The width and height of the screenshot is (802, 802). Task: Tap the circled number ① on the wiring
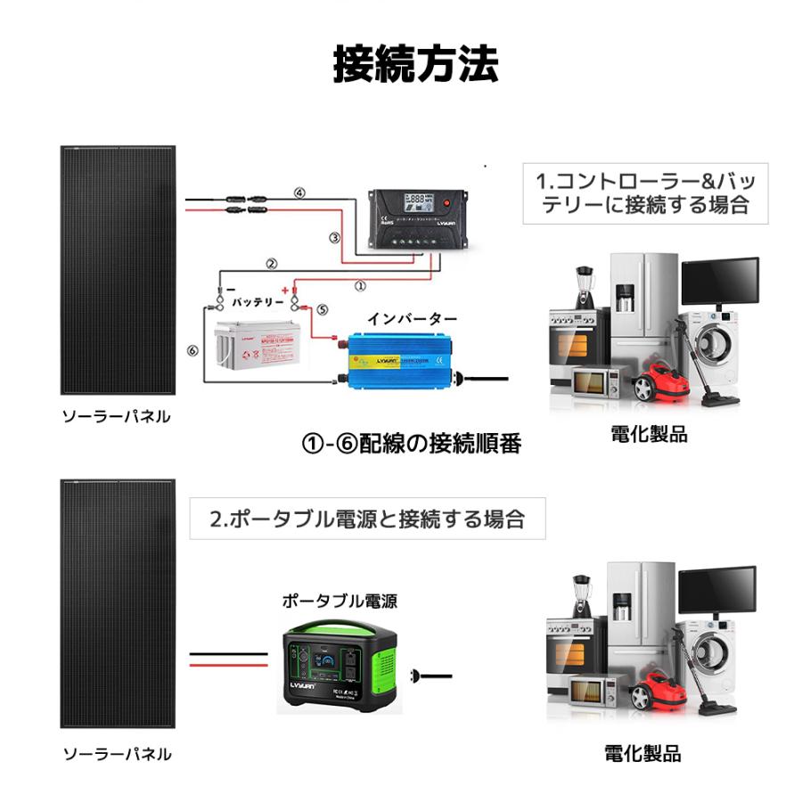360,287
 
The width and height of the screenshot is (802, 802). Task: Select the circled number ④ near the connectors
299,192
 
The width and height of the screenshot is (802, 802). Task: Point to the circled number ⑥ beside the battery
192,350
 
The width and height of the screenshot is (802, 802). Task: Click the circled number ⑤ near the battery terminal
322,309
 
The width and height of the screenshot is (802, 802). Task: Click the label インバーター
413,318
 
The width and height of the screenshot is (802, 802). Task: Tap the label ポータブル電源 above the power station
340,601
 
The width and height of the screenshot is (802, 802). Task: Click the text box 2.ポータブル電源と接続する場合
367,518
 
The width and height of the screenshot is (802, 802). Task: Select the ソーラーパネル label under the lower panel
116,754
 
